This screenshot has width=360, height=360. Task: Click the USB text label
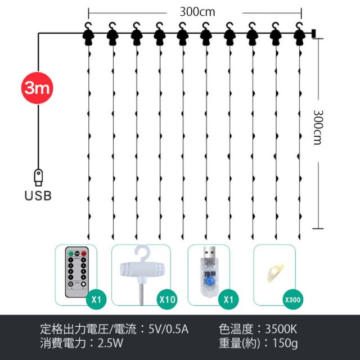click(38, 196)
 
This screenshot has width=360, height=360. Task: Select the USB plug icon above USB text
click(38, 177)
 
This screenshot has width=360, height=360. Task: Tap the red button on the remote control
click(84, 255)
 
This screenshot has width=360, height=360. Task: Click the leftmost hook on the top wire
click(89, 34)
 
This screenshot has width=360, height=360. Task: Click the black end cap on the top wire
click(313, 33)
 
